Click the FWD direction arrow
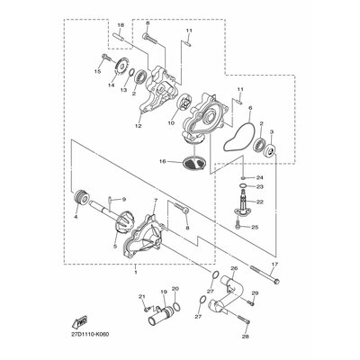point(79,322)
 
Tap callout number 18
point(121,25)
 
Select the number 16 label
point(163,161)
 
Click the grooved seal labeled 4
point(81,198)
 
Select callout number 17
point(275,265)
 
